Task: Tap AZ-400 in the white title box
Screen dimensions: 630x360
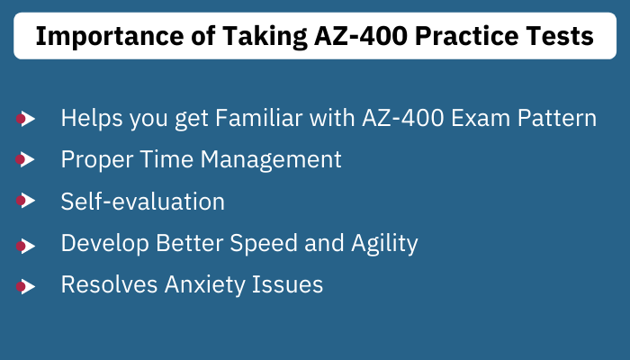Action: pyautogui.click(x=360, y=36)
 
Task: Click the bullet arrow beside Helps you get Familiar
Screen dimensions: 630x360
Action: pyautogui.click(x=26, y=119)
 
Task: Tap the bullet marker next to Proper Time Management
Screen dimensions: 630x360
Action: pyautogui.click(x=25, y=159)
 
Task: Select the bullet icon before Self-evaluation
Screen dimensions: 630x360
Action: pyautogui.click(x=26, y=201)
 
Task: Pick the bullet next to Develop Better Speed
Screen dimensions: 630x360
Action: pyautogui.click(x=26, y=246)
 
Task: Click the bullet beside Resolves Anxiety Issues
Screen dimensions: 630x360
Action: pyautogui.click(x=26, y=286)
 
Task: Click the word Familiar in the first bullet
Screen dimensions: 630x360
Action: pyautogui.click(x=259, y=118)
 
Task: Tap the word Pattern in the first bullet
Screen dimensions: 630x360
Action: pyautogui.click(x=557, y=118)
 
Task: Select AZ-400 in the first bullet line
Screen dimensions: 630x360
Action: pyautogui.click(x=403, y=118)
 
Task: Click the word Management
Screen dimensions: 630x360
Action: pyautogui.click(x=271, y=160)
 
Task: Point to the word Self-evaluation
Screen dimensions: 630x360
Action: pyautogui.click(x=142, y=201)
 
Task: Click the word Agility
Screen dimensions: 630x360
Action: pyautogui.click(x=384, y=244)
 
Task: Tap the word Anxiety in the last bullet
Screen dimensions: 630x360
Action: pyautogui.click(x=204, y=285)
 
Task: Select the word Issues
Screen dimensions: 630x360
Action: pyautogui.click(x=287, y=284)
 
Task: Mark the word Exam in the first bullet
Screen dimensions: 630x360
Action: pyautogui.click(x=481, y=118)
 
